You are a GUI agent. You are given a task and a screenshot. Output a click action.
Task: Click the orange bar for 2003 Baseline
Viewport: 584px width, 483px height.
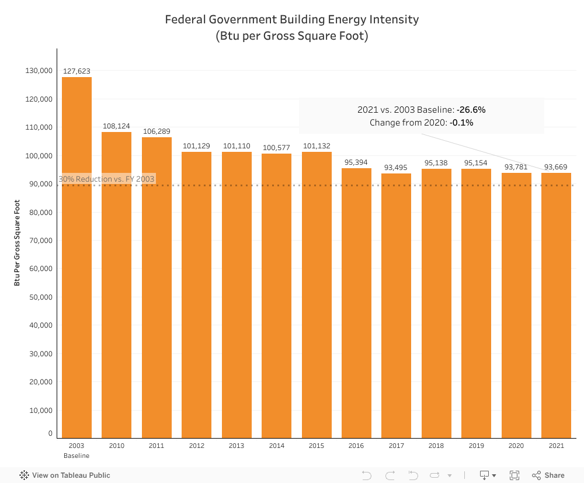coord(77,257)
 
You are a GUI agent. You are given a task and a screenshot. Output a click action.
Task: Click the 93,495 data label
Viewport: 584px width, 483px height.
coord(396,168)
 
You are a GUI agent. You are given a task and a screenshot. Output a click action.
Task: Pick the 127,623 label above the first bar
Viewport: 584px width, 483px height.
coord(77,71)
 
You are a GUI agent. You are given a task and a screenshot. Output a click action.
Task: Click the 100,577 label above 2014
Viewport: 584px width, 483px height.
coord(276,148)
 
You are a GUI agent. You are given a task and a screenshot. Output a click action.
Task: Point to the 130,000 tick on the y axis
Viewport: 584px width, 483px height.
coord(40,71)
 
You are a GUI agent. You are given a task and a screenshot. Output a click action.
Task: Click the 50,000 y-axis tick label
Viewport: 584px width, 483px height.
coord(40,297)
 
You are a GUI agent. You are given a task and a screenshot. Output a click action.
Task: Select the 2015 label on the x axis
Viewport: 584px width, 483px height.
coord(316,446)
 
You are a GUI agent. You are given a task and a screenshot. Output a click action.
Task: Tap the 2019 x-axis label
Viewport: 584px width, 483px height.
coord(476,446)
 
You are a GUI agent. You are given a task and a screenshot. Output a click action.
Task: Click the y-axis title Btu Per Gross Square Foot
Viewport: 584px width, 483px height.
coord(18,242)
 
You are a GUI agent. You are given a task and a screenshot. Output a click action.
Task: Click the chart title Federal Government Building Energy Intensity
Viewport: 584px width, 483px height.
coord(292,19)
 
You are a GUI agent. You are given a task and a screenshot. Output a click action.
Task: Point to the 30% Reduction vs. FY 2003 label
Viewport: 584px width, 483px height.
coord(107,179)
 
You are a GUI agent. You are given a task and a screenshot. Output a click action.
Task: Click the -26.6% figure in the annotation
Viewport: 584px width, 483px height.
coord(471,110)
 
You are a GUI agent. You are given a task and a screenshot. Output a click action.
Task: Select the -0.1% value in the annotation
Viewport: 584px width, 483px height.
coord(461,123)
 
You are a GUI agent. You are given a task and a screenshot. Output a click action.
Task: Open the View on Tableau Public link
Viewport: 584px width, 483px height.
coord(65,475)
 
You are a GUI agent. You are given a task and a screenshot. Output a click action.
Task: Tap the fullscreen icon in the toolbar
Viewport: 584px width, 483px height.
coord(515,475)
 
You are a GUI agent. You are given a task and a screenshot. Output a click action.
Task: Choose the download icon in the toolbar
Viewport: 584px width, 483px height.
coord(485,475)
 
